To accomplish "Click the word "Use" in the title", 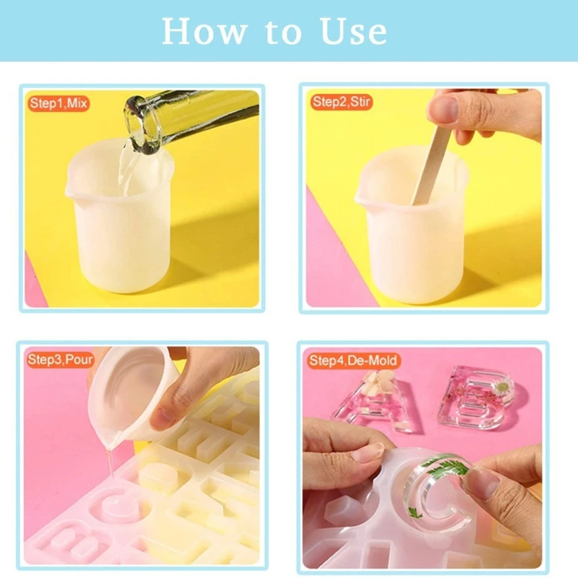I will click(353, 31).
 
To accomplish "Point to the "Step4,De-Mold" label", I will click(353, 360).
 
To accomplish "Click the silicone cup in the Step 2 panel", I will click(412, 238).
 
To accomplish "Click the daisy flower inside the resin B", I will click(500, 389).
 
